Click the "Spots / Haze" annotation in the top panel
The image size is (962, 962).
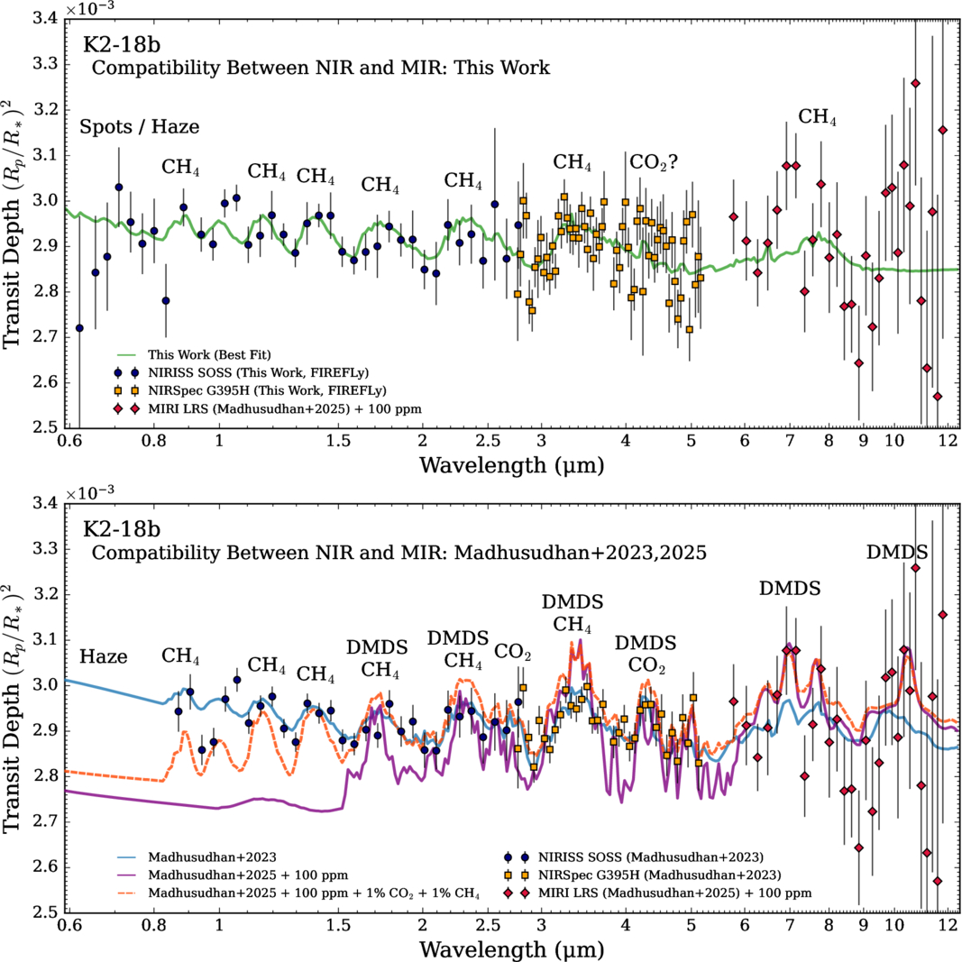139,127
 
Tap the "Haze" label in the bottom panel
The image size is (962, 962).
104,656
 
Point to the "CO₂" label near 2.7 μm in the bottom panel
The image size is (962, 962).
513,651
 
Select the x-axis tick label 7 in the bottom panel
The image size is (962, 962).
790,927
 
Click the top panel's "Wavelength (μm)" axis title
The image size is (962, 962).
511,465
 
